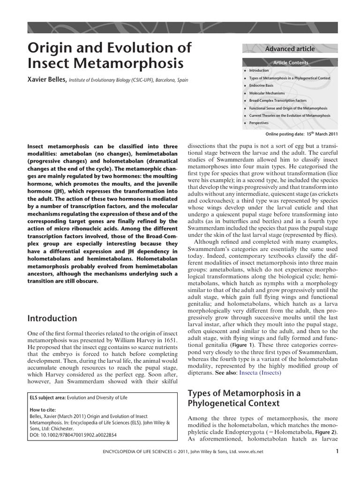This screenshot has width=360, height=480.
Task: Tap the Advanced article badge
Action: [290, 49]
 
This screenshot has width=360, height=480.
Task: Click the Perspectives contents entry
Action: [259, 123]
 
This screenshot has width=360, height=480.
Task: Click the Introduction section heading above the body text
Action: [52, 318]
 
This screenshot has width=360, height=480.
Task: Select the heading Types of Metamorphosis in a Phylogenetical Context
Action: [244, 398]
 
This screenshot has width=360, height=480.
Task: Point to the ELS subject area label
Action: [47, 398]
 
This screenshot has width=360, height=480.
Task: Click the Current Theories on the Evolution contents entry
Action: [290, 115]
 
